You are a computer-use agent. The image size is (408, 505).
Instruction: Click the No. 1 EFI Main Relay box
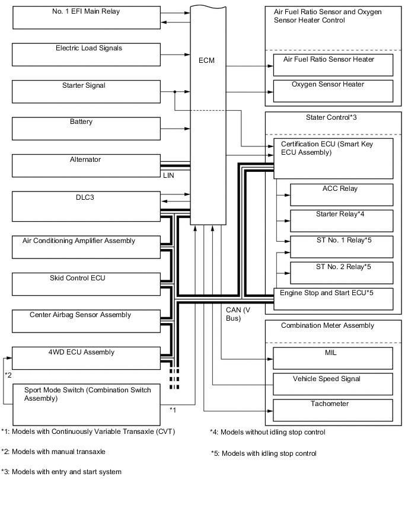point(87,17)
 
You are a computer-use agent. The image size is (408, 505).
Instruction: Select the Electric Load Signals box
point(87,54)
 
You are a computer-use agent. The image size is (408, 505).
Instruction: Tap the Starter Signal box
point(87,92)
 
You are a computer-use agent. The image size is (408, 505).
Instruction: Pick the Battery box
point(87,129)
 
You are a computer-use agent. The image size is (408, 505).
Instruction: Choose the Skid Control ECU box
point(87,283)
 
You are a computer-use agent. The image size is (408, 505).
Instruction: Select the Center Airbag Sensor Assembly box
point(87,321)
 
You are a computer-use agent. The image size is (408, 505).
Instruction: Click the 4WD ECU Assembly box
point(87,358)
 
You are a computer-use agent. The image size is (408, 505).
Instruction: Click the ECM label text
point(208,60)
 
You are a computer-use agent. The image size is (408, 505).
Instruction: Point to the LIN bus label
point(168,175)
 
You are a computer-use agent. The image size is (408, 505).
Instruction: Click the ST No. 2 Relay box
point(341,271)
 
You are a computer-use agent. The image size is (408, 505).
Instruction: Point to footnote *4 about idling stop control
point(267,432)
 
